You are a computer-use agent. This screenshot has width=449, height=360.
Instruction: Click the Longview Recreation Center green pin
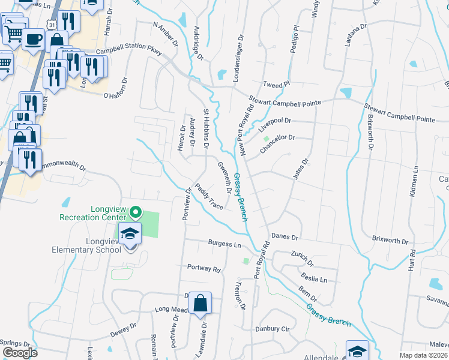click(136, 212)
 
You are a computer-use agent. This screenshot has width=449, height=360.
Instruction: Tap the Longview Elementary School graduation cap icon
click(128, 234)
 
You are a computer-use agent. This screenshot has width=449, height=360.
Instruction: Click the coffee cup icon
click(32, 40)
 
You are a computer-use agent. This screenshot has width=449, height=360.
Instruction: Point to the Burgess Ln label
click(224, 244)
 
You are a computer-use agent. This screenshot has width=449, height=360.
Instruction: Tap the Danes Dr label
click(285, 236)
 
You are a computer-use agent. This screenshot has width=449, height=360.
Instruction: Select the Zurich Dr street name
click(302, 259)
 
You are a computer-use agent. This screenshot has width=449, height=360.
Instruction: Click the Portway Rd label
click(203, 268)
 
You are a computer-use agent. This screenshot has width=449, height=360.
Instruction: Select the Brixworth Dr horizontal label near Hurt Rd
click(390, 241)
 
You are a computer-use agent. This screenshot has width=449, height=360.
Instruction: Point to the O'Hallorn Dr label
click(116, 88)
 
